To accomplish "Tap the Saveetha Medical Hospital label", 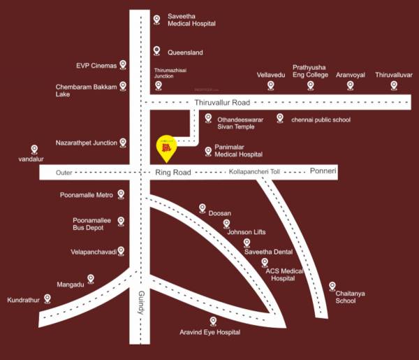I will pyautogui.click(x=191, y=20).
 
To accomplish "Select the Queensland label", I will pyautogui.click(x=185, y=52).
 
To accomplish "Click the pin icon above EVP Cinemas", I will pyautogui.click(x=123, y=65).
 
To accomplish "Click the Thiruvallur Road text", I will pyautogui.click(x=221, y=102).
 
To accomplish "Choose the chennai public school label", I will pyautogui.click(x=321, y=120).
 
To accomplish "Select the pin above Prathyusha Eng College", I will pyautogui.click(x=310, y=85).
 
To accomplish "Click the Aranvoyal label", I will pyautogui.click(x=351, y=74).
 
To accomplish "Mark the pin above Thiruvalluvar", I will pyautogui.click(x=394, y=85).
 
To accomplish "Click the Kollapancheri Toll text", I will pyautogui.click(x=253, y=171).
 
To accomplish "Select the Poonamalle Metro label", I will pyautogui.click(x=87, y=195).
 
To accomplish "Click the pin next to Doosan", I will pyautogui.click(x=203, y=208).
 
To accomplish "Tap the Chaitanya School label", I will pyautogui.click(x=350, y=297).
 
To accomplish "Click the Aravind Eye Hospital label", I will pyautogui.click(x=210, y=332).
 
